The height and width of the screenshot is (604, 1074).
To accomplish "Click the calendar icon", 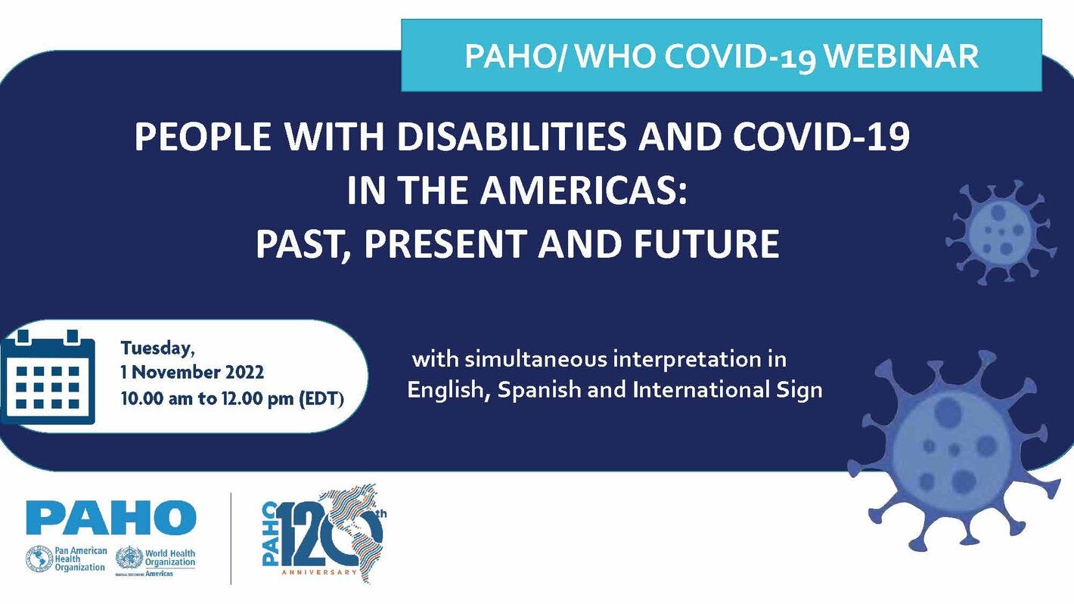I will pyautogui.click(x=47, y=376).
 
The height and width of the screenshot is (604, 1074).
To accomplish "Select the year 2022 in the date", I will pyautogui.click(x=243, y=373).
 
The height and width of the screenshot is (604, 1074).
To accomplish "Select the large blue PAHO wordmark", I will pyautogui.click(x=111, y=518).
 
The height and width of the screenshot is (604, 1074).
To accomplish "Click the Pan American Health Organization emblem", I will pyautogui.click(x=39, y=559).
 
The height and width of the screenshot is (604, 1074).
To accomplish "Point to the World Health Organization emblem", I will pyautogui.click(x=129, y=559).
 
